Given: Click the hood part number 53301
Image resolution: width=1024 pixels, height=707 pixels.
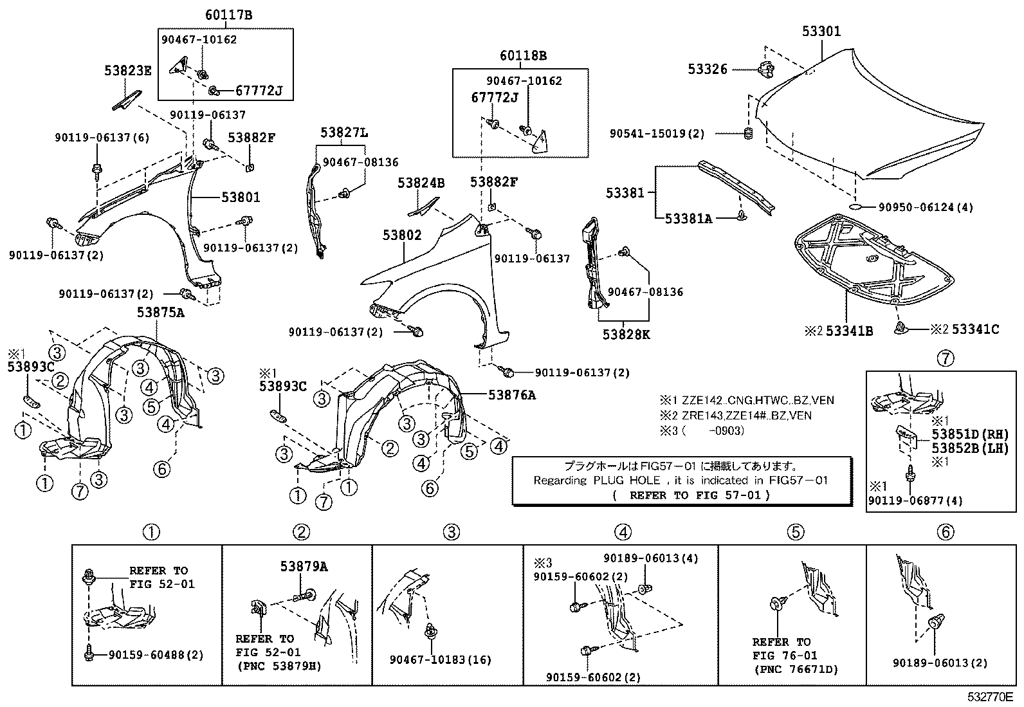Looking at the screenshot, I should click(821, 32).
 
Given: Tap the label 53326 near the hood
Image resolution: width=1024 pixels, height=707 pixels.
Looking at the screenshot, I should click(708, 69).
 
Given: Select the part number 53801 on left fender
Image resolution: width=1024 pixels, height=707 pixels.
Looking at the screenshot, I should click(241, 197).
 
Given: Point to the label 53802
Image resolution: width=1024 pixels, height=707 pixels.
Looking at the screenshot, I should click(402, 235).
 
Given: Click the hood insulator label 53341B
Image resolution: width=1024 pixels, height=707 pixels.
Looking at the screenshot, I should click(849, 331).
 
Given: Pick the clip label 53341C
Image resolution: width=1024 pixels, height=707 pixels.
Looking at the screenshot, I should click(975, 329).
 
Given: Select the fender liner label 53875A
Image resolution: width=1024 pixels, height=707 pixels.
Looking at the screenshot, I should click(160, 313).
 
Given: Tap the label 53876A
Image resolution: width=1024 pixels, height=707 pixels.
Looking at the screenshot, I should click(511, 395).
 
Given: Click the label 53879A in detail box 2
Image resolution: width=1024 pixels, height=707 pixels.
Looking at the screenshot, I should click(304, 566).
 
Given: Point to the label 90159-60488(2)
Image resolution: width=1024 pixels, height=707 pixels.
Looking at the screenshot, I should click(156, 655).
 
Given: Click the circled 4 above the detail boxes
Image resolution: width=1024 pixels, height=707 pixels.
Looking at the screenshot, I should click(622, 532).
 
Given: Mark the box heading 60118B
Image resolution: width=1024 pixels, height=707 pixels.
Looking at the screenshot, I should click(523, 56).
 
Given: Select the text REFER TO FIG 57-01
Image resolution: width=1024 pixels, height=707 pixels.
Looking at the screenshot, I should click(699, 495).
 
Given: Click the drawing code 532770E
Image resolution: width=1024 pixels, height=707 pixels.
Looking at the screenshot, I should click(991, 697).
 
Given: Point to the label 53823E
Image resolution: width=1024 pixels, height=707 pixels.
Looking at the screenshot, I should click(128, 71).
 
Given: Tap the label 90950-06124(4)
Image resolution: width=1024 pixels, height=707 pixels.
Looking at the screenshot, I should click(926, 207).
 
